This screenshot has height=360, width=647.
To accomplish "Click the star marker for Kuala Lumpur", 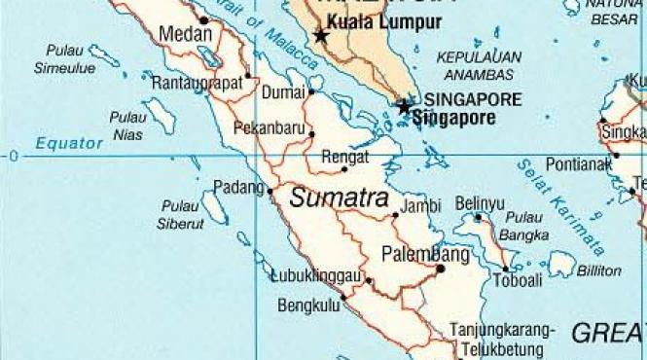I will point(321,36).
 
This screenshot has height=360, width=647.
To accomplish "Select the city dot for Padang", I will point(270,191).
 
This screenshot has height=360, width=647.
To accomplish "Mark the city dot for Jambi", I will point(395,215).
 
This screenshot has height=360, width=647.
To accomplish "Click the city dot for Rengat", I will point(344,169).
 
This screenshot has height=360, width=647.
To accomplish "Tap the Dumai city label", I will point(285,93).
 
